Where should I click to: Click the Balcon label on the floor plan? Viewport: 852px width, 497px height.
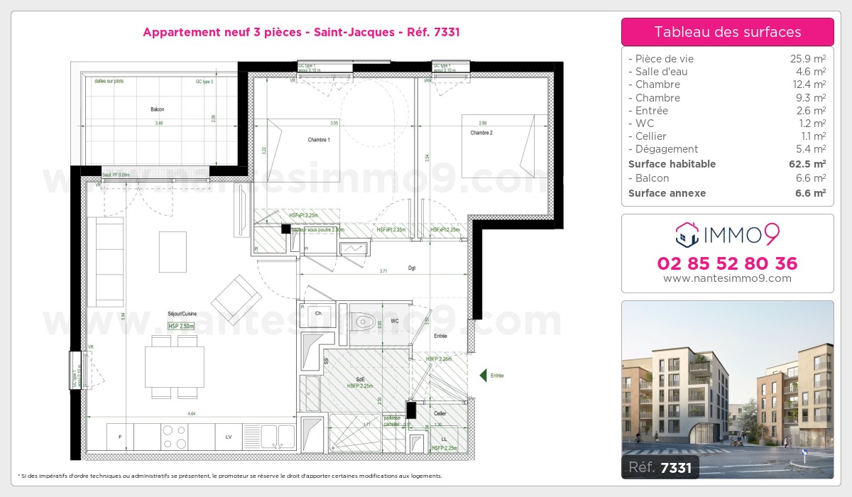point(158,109)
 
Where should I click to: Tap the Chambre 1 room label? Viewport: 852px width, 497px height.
point(319,140)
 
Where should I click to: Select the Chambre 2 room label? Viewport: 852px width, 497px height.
point(481,133)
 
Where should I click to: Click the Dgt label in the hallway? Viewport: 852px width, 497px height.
point(412,268)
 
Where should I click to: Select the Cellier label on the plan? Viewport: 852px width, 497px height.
point(440,413)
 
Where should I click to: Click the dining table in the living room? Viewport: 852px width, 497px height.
point(175,367)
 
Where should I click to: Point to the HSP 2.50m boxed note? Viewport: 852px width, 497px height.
point(182,326)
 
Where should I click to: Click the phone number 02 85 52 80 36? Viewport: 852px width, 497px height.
point(727,263)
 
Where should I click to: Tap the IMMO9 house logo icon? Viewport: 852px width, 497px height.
point(687,233)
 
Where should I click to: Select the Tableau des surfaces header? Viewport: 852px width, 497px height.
point(727,32)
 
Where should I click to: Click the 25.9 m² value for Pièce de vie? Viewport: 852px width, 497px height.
point(808,59)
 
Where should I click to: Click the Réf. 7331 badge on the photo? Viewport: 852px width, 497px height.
point(660,467)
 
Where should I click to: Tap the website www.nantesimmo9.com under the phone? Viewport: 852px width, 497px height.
point(727,278)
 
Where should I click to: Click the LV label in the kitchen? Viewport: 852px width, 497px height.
point(229,437)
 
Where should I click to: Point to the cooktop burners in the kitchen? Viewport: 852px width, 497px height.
point(174,437)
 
